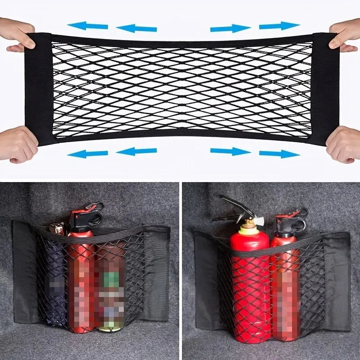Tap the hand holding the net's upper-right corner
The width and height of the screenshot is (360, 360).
(x=344, y=34)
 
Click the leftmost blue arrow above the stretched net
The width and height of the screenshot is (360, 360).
(x=88, y=26)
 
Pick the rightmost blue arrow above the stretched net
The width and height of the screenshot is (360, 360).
(x=279, y=26)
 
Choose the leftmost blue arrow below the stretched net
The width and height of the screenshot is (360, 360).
(x=88, y=153)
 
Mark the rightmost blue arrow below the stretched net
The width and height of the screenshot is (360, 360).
(x=279, y=153)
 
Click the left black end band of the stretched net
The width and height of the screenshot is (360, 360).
(x=42, y=88)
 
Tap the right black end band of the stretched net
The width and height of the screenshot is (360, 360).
(x=325, y=88)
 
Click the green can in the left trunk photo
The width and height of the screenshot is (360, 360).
(x=110, y=288)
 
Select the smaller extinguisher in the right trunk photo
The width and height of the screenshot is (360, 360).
(x=285, y=279)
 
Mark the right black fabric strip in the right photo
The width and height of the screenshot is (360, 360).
(x=337, y=279)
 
